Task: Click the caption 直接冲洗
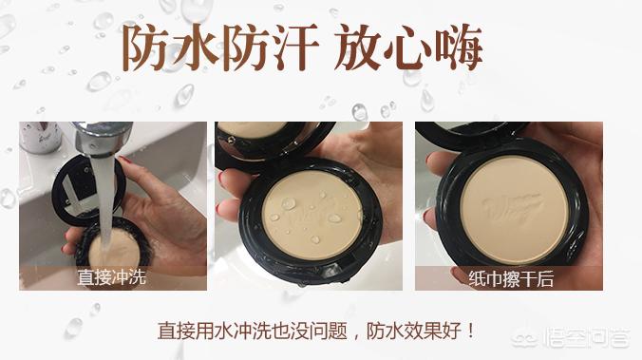111,278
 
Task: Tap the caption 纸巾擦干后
511,278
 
